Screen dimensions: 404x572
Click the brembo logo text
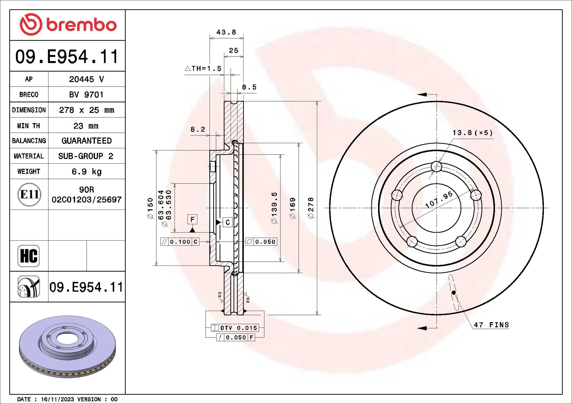pos(81,25)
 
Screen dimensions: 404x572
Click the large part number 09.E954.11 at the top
pos(67,56)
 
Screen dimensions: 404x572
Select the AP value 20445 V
pos(86,79)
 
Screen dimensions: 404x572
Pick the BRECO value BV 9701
pos(86,95)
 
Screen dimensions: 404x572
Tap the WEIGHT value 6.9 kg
pos(86,172)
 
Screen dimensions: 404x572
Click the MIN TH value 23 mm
pos(86,126)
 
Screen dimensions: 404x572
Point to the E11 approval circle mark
pos(29,194)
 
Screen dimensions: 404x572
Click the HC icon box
pos(29,256)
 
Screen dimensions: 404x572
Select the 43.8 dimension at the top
pos(226,32)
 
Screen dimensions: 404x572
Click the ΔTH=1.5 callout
pos(203,68)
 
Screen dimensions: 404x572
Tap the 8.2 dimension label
pos(198,130)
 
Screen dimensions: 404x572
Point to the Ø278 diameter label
pos(311,208)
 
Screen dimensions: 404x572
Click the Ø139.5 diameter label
pos(274,208)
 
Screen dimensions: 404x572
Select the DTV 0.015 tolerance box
pos(235,328)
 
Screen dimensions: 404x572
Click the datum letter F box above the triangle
pos(192,219)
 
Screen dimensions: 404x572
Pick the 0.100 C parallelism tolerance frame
pos(180,242)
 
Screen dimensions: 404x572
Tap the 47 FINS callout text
pos(491,325)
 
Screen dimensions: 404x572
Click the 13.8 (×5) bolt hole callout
pos(472,133)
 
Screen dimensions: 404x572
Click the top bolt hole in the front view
pos(436,166)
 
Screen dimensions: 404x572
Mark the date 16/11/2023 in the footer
pos(57,399)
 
